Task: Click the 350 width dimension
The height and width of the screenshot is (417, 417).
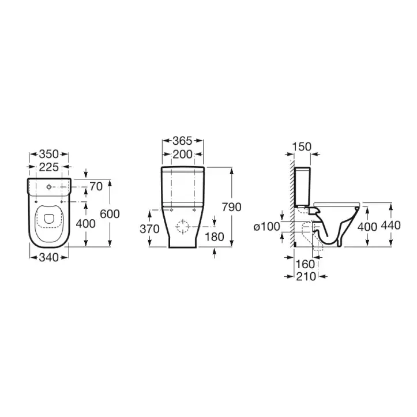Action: (48, 155)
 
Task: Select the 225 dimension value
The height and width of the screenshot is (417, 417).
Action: (48, 167)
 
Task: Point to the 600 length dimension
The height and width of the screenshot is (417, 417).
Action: (110, 213)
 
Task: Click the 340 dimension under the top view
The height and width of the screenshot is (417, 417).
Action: (48, 258)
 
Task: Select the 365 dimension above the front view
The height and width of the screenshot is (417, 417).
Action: (182, 140)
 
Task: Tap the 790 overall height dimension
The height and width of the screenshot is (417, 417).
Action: (231, 207)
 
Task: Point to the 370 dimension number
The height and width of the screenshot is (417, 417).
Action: (149, 229)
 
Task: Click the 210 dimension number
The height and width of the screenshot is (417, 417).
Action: (305, 276)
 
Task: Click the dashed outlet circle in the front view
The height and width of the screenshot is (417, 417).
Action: (183, 226)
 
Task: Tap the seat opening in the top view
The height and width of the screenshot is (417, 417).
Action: (48, 219)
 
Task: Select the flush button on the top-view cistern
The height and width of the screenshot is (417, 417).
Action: (48, 186)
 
